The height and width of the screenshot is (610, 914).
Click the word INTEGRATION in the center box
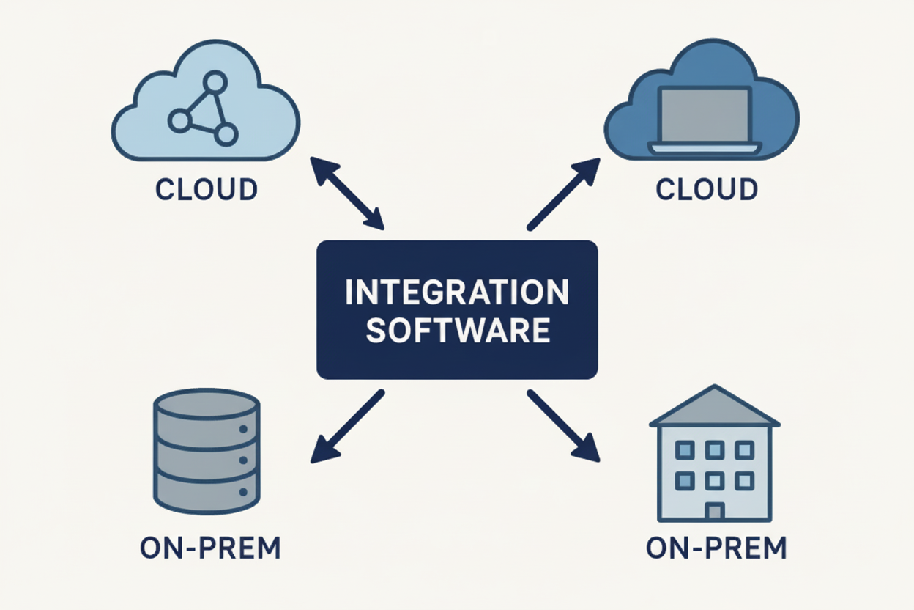(457, 293)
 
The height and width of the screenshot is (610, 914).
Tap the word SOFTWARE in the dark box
(457, 331)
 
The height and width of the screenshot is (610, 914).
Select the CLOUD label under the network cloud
(207, 189)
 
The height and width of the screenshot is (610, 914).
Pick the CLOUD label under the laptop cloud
(707, 189)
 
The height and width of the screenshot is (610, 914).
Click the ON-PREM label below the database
(211, 548)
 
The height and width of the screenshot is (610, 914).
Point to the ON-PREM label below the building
(716, 548)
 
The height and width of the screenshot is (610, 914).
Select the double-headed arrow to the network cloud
(347, 193)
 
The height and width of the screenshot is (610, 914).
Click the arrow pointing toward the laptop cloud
(563, 194)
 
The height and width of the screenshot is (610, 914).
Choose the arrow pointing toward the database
(347, 426)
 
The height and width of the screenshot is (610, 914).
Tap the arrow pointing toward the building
(563, 425)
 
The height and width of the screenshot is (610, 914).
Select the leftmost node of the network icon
(179, 120)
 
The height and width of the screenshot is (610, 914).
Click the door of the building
(714, 511)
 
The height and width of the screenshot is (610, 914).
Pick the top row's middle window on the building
(714, 449)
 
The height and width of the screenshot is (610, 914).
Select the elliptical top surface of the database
(207, 404)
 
